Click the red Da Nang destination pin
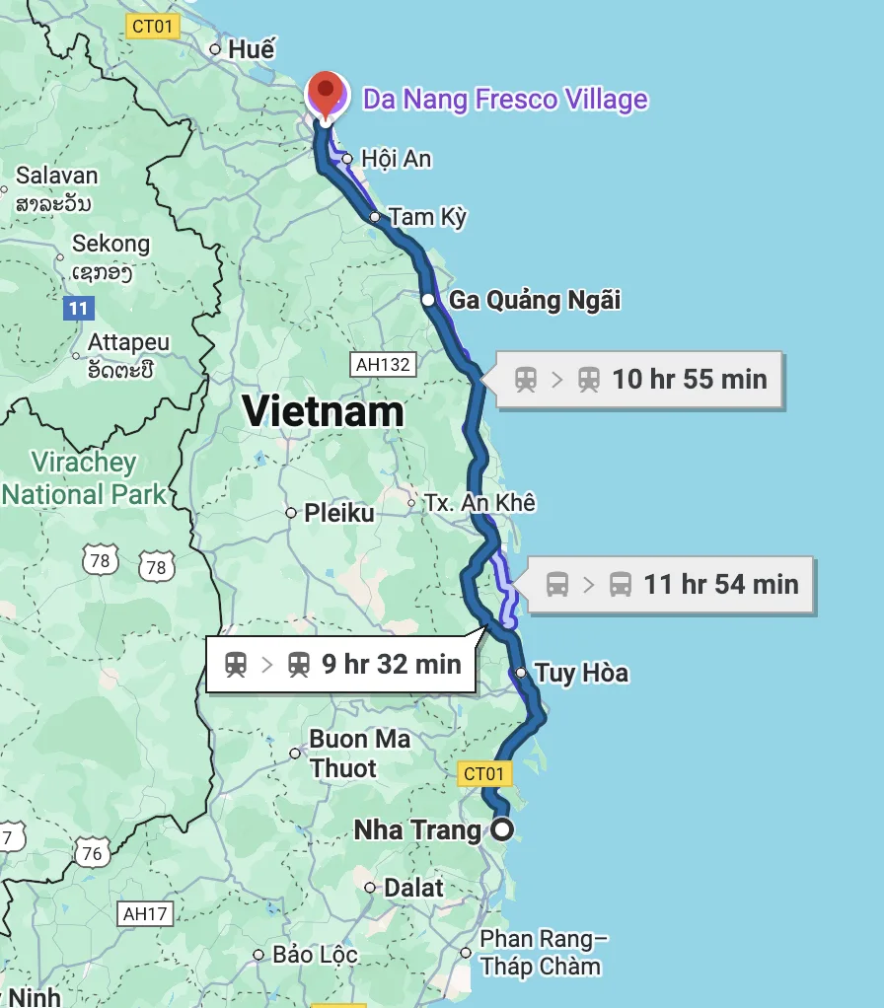[326, 94]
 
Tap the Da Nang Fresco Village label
[505, 99]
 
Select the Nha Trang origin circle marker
[502, 828]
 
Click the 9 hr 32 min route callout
[341, 665]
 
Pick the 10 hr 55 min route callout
[639, 379]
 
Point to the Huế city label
[251, 48]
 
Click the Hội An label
[396, 158]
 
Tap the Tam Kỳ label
[427, 216]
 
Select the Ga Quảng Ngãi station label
[535, 299]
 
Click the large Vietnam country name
[324, 410]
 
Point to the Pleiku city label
[338, 513]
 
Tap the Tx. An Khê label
[479, 503]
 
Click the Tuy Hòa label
[581, 674]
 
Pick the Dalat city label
[413, 888]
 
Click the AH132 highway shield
[383, 365]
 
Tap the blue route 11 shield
[79, 309]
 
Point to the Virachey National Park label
[84, 477]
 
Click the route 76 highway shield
[92, 852]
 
